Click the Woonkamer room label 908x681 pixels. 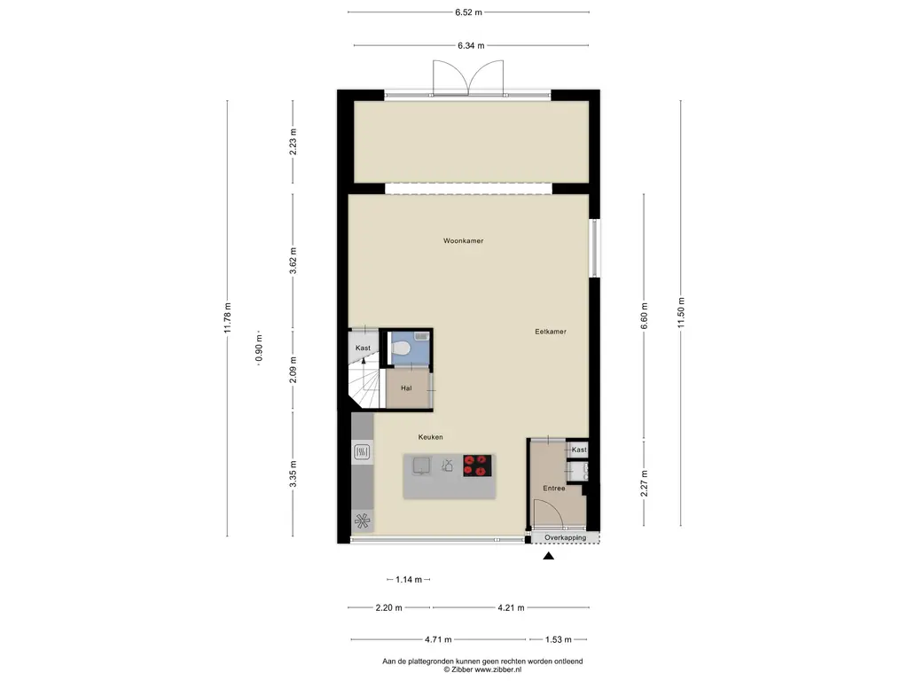pyautogui.click(x=464, y=240)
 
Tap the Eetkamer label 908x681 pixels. pyautogui.click(x=550, y=332)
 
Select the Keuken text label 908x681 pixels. pyautogui.click(x=431, y=437)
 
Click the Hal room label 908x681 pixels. pyautogui.click(x=406, y=388)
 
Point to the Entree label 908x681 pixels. pyautogui.click(x=554, y=489)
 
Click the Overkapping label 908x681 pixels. pyautogui.click(x=565, y=537)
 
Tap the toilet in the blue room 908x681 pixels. pyautogui.click(x=401, y=349)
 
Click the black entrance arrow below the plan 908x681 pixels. pyautogui.click(x=548, y=556)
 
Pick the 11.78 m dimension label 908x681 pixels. pyautogui.click(x=228, y=318)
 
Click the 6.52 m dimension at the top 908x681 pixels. pyautogui.click(x=468, y=12)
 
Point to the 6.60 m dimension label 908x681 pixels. pyautogui.click(x=645, y=315)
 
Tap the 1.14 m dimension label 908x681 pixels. pyautogui.click(x=409, y=579)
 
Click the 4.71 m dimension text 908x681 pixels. pyautogui.click(x=436, y=639)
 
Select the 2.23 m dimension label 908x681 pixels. pyautogui.click(x=294, y=142)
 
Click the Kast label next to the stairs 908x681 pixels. pyautogui.click(x=363, y=348)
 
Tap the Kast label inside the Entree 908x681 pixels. pyautogui.click(x=579, y=450)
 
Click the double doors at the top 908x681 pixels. pyautogui.click(x=468, y=77)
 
